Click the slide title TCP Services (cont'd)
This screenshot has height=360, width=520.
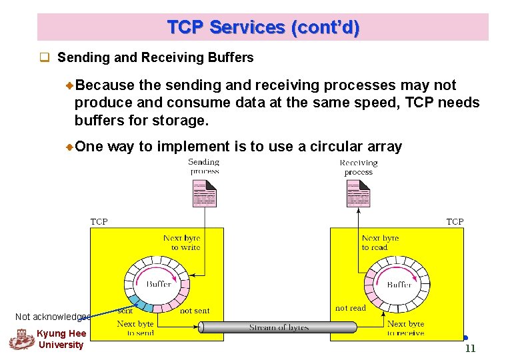click(x=263, y=27)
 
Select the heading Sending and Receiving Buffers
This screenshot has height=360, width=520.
click(x=155, y=57)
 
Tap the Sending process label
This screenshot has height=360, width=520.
click(x=204, y=167)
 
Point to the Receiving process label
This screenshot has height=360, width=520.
click(x=358, y=167)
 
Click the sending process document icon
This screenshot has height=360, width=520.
click(x=204, y=194)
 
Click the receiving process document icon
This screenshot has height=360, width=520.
click(x=358, y=194)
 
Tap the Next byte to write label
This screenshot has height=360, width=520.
click(x=181, y=243)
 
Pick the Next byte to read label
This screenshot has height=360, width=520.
click(x=380, y=243)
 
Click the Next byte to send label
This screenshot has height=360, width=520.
click(x=135, y=328)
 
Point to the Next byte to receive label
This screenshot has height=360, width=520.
click(x=405, y=328)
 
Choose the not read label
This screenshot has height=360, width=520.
click(x=351, y=308)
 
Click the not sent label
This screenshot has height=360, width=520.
click(x=195, y=311)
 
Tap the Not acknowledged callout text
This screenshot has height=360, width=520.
click(x=53, y=317)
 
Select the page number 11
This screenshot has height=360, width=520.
click(x=470, y=349)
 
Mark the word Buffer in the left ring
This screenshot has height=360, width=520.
click(x=159, y=285)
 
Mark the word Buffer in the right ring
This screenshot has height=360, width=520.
click(x=399, y=285)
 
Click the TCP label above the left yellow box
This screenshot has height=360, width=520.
click(x=99, y=221)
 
